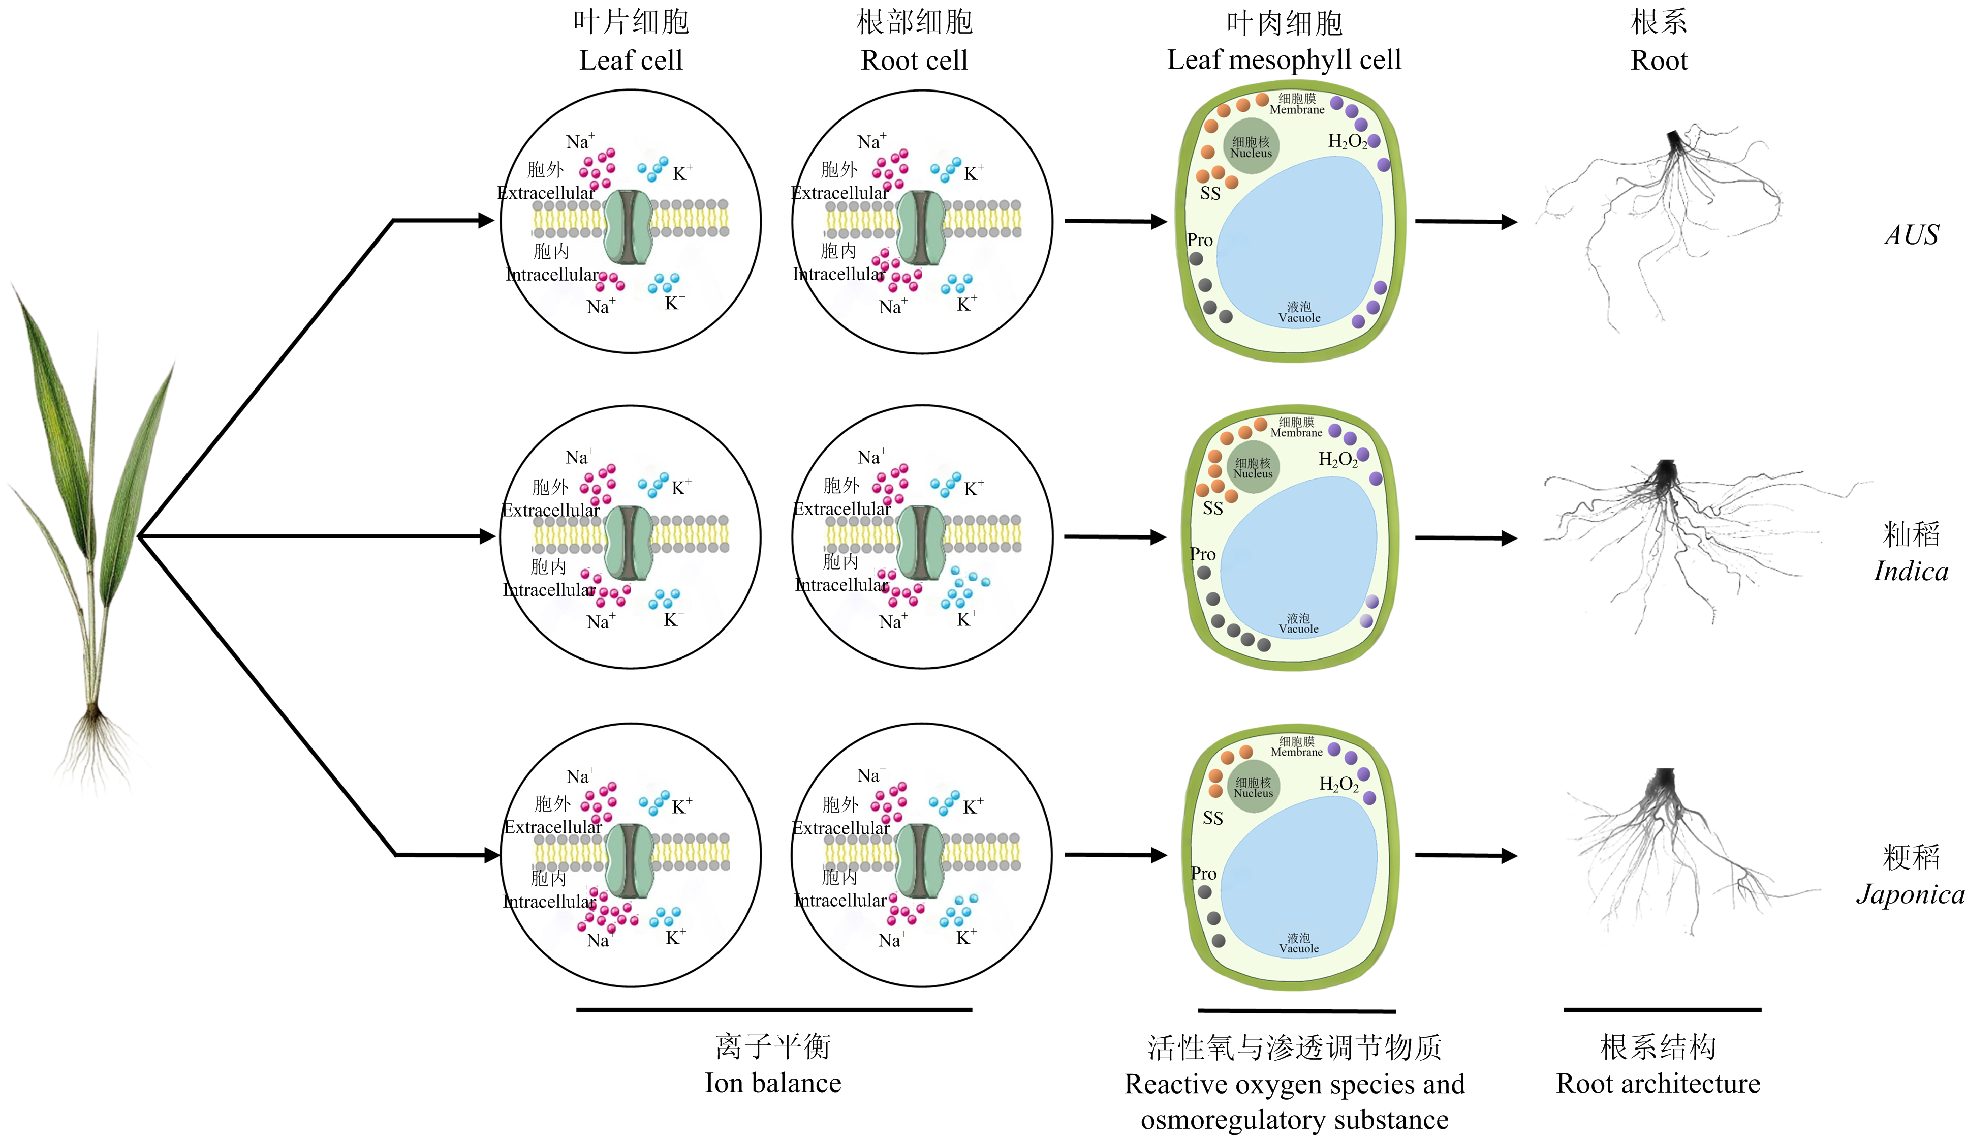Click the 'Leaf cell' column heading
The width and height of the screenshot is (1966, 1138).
pyautogui.click(x=631, y=60)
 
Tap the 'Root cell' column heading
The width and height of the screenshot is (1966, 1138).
pyautogui.click(x=914, y=60)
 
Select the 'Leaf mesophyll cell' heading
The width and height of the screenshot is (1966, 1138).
pyautogui.click(x=1284, y=59)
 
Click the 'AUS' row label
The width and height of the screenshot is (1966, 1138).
pyautogui.click(x=1911, y=235)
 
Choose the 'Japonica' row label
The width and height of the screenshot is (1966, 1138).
pyautogui.click(x=1910, y=894)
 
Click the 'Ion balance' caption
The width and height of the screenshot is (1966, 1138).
pyautogui.click(x=773, y=1083)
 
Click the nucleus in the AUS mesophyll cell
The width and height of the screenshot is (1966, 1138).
pyautogui.click(x=1251, y=147)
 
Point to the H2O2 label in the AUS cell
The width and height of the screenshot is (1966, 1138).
pyautogui.click(x=1347, y=141)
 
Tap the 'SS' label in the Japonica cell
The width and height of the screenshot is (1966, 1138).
pyautogui.click(x=1212, y=818)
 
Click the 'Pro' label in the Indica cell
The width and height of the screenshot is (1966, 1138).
pyautogui.click(x=1202, y=554)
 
